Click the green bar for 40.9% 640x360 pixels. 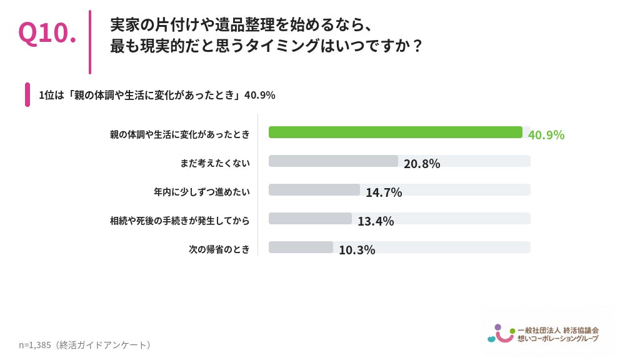tap(396, 132)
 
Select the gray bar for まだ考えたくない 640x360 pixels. tap(333, 161)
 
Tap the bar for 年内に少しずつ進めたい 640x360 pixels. tap(314, 190)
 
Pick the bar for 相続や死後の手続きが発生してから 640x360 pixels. tap(310, 218)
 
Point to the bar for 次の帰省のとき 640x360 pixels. tap(301, 247)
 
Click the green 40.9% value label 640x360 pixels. tap(546, 135)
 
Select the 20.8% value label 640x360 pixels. tap(422, 164)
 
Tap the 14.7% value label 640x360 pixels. tap(384, 192)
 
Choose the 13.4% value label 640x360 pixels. tap(376, 221)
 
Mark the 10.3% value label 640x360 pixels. tap(357, 250)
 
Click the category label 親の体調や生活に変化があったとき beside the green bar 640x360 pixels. tap(179, 134)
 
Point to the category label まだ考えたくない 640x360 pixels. tap(215, 163)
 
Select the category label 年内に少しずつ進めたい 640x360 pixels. tap(202, 192)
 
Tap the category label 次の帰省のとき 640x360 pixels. tap(219, 249)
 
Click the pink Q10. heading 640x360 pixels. tap(47, 32)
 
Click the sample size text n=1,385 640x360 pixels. tap(35, 345)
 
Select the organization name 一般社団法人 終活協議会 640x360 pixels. tap(558, 330)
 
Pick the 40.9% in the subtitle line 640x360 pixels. tap(259, 95)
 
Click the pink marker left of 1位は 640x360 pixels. tap(27, 95)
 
